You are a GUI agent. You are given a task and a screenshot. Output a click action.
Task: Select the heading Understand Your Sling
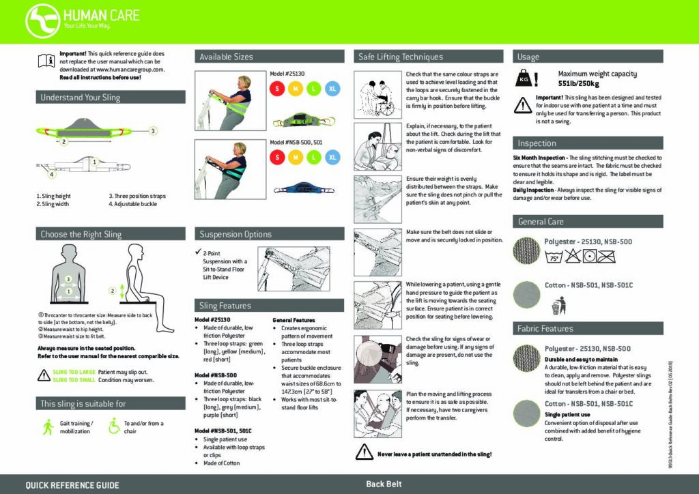80,98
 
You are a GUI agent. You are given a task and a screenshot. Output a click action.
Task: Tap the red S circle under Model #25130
277,89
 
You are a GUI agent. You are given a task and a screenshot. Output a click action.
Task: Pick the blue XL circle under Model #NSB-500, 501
332,158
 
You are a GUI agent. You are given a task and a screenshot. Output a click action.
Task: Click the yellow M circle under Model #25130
296,89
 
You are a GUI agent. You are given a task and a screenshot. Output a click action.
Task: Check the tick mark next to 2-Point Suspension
197,253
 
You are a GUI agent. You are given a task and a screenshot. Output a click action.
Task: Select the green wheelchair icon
114,427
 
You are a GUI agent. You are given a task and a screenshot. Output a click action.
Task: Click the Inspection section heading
537,143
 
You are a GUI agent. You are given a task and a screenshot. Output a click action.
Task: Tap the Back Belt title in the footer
384,484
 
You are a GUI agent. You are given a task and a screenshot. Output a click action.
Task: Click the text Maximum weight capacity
597,74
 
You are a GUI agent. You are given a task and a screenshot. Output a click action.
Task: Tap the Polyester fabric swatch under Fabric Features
527,358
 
